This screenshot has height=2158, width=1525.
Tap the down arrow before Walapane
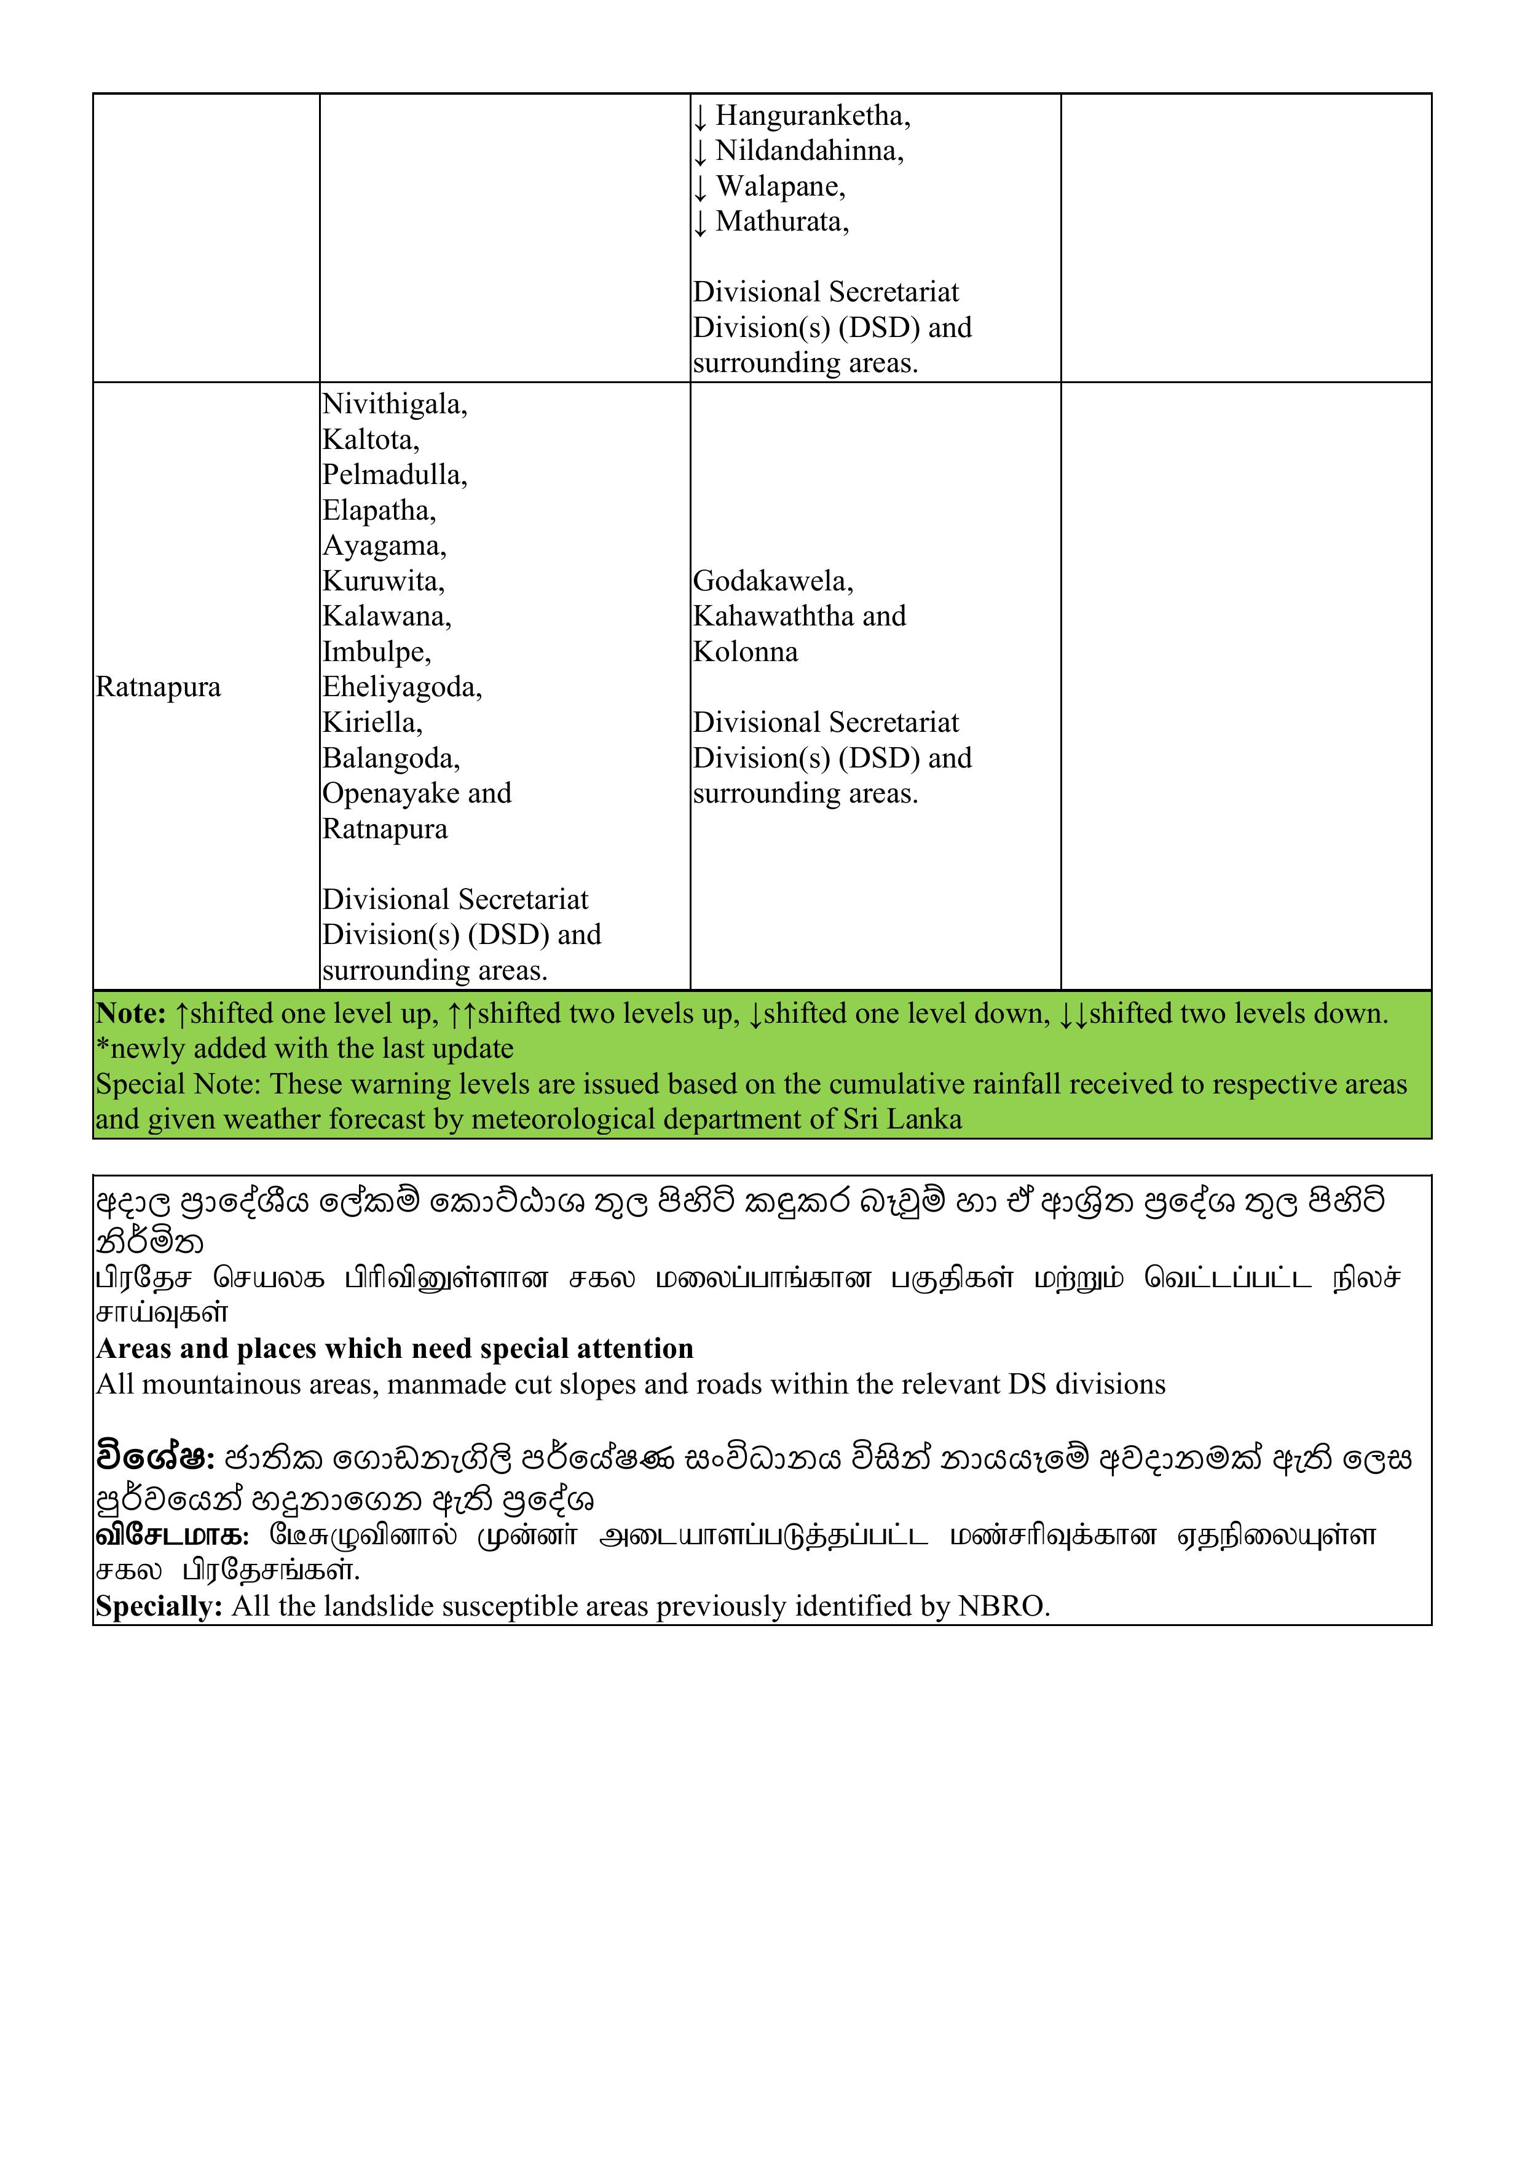tap(700, 187)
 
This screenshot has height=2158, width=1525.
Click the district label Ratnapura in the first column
tap(158, 687)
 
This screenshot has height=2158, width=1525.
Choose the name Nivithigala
tap(394, 404)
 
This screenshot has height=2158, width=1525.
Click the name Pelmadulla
tap(394, 475)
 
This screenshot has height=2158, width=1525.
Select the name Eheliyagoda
tap(401, 687)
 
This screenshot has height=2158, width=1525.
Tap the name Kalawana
tap(386, 617)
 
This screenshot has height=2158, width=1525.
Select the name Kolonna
tap(745, 653)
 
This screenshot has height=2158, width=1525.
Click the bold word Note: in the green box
tap(130, 1014)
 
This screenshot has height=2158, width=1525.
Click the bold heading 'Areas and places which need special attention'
tap(395, 1349)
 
